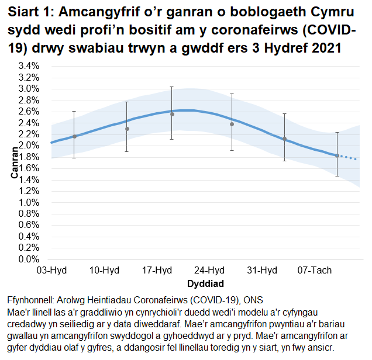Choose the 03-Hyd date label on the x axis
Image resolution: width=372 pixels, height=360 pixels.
pyautogui.click(x=51, y=271)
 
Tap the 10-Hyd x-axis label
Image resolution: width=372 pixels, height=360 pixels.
pyautogui.click(x=104, y=271)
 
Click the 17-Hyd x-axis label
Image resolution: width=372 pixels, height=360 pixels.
pyautogui.click(x=157, y=271)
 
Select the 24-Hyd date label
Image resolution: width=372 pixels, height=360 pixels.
pyautogui.click(x=209, y=271)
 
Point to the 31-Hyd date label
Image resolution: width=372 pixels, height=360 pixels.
pyautogui.click(x=262, y=271)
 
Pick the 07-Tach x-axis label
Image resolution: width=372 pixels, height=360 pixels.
pyautogui.click(x=315, y=271)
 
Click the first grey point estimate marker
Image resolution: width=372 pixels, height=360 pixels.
pyautogui.click(x=74, y=136)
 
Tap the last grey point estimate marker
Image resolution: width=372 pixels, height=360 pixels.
pyautogui.click(x=337, y=155)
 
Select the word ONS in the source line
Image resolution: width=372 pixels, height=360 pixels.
pyautogui.click(x=253, y=300)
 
